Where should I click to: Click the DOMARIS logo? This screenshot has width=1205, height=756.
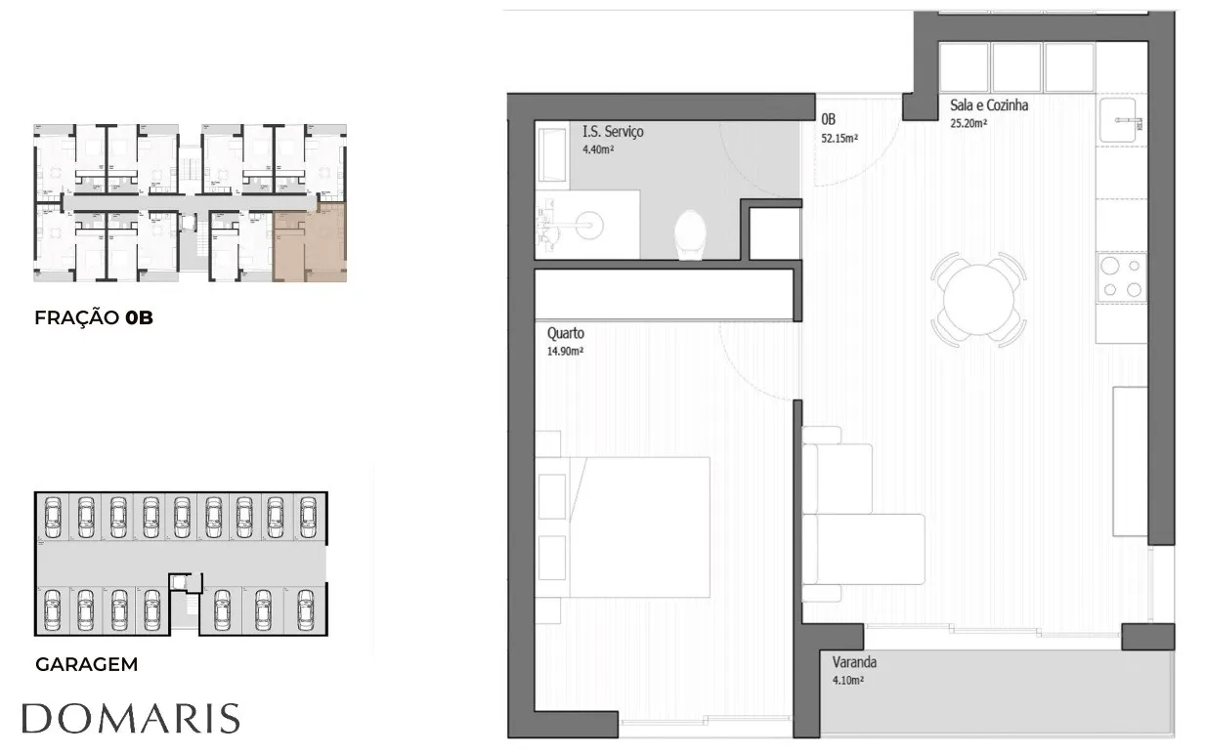(x=131, y=718)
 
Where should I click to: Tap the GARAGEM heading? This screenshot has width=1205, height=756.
(x=87, y=664)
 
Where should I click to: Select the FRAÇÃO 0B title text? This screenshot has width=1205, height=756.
(x=94, y=317)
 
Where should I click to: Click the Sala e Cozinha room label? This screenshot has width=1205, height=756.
(x=989, y=105)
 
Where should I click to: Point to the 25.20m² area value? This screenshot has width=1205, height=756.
(x=968, y=123)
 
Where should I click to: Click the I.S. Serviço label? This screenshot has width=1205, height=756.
(x=613, y=131)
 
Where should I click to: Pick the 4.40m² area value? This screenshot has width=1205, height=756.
(x=598, y=149)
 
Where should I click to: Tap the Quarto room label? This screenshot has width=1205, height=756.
(x=566, y=333)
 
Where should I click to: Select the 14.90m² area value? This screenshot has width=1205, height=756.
(x=566, y=351)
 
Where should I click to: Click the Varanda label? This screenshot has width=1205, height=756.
(x=854, y=662)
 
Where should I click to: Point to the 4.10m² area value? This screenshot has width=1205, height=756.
(x=848, y=680)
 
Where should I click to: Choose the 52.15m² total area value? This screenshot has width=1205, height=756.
(x=839, y=138)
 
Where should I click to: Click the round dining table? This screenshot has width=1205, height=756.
(x=978, y=300)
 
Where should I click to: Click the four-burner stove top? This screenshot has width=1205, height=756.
(x=1122, y=277)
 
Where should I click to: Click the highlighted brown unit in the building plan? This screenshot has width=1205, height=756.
(x=310, y=243)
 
